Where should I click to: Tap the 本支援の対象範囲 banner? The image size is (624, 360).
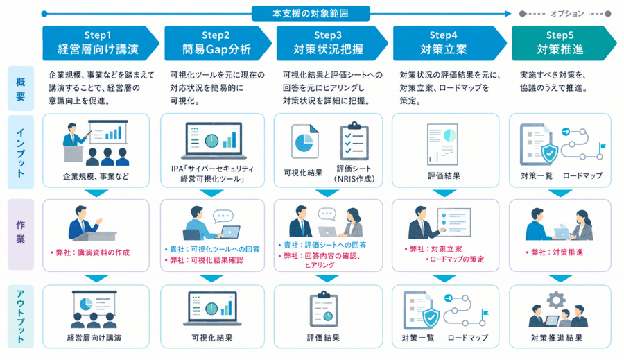click(x=311, y=14)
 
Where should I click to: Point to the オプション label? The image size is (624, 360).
click(x=567, y=14)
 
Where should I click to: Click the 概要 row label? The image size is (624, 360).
click(x=21, y=88)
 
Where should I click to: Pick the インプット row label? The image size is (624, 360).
click(x=21, y=152)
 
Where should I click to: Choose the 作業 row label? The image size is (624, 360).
click(x=21, y=234)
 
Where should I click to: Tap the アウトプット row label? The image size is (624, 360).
click(x=21, y=316)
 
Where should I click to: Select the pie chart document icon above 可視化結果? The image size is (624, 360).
click(x=305, y=142)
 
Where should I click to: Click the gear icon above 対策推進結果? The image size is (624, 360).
click(x=556, y=300)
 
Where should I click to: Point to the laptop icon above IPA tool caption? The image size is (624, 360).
click(x=213, y=141)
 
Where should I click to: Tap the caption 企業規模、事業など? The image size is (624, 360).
click(x=96, y=176)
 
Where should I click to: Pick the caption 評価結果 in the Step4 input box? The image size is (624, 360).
click(x=444, y=175)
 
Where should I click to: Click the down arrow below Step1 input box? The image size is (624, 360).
click(x=96, y=193)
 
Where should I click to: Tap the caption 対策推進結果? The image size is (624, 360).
click(x=557, y=338)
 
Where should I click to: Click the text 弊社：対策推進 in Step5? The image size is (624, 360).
click(x=555, y=252)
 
